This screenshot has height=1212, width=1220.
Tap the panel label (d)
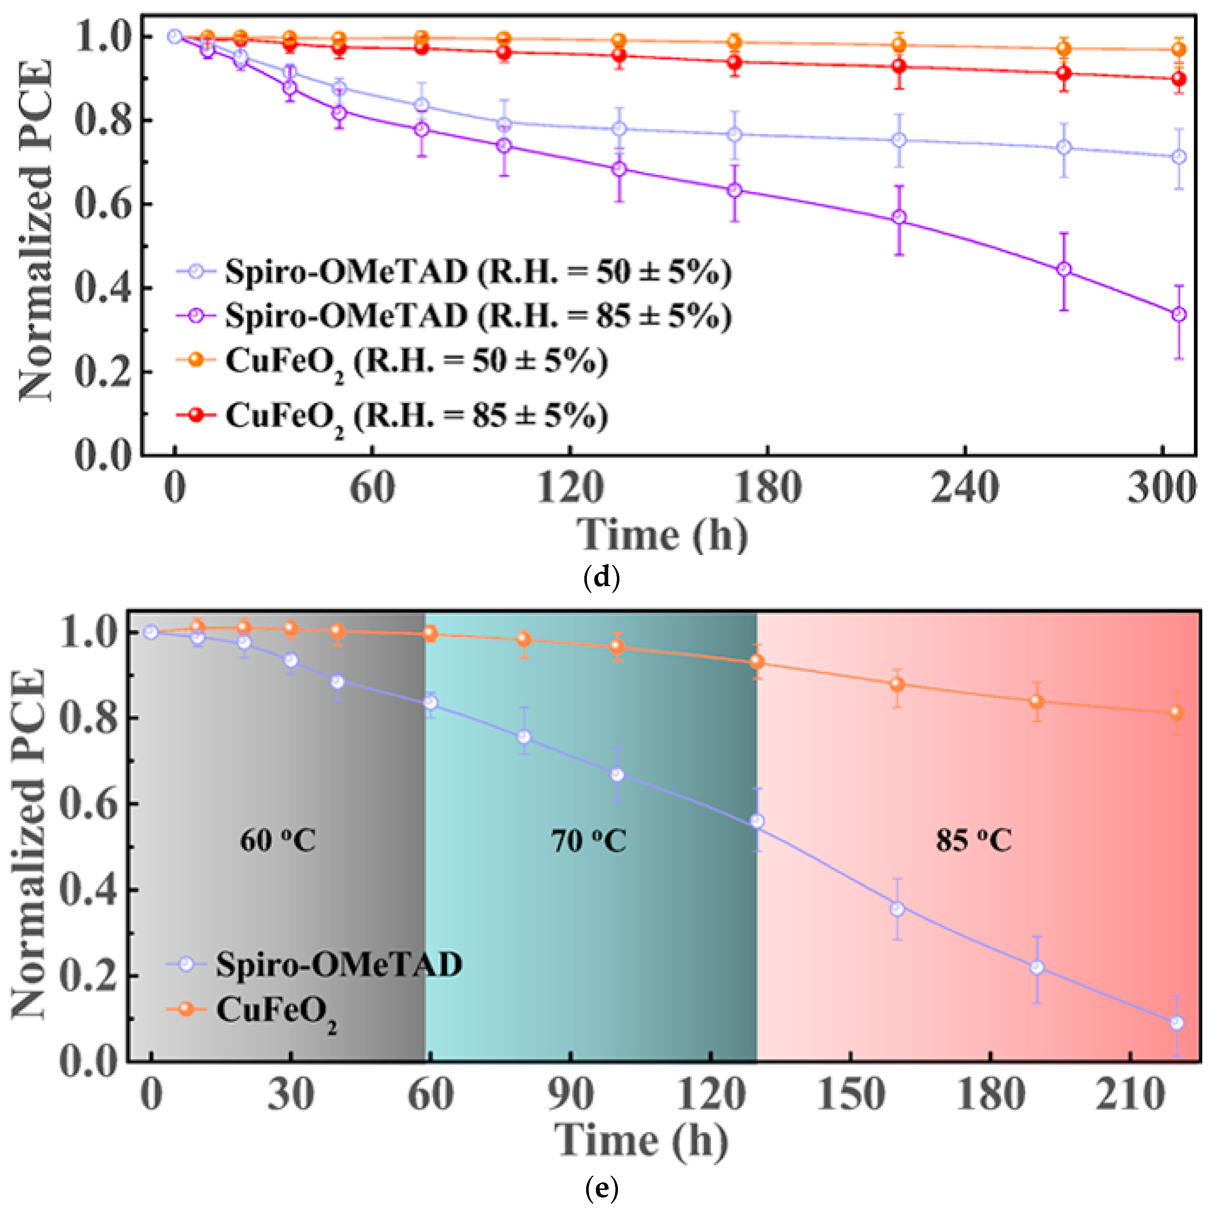click(602, 578)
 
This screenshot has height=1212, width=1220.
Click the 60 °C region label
click(278, 841)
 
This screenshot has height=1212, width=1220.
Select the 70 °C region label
click(589, 841)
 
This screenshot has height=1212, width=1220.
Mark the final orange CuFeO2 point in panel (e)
click(1177, 712)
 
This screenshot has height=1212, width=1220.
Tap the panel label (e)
click(602, 1189)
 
